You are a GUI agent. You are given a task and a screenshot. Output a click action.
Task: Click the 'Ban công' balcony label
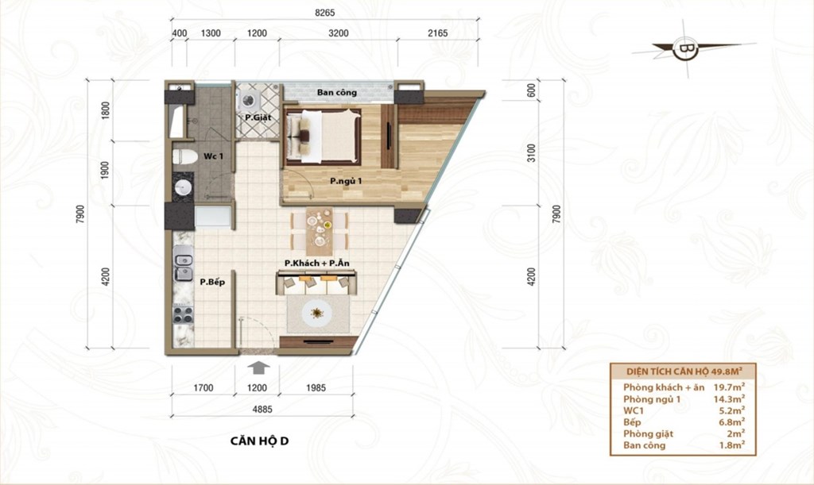point(337,93)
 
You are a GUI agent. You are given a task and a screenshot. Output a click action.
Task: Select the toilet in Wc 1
point(184,156)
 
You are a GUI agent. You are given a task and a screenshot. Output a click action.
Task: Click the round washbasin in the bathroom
point(184,187)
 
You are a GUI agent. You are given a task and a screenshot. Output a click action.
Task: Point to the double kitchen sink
point(184,263)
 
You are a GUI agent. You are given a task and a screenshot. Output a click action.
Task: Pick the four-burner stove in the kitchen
point(183,314)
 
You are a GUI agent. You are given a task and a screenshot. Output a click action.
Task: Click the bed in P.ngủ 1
point(323,136)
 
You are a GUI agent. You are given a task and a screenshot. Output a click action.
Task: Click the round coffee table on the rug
point(316,313)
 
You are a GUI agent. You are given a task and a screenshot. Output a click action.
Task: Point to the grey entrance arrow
point(258,368)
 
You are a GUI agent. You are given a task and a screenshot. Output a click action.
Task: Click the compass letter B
point(686,49)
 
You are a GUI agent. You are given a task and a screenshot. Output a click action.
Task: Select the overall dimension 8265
point(325,13)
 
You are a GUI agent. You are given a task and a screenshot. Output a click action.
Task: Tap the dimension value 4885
point(262,410)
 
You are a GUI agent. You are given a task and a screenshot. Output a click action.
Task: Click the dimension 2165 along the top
point(438,33)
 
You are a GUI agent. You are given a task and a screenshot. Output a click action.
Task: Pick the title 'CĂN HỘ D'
point(260,441)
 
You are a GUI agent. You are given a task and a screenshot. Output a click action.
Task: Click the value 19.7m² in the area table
point(729,387)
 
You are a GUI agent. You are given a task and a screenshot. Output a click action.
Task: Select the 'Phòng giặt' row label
point(649,433)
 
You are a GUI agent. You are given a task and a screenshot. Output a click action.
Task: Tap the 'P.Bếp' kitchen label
point(213,283)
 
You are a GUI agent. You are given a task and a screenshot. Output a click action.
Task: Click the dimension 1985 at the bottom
point(316,387)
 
